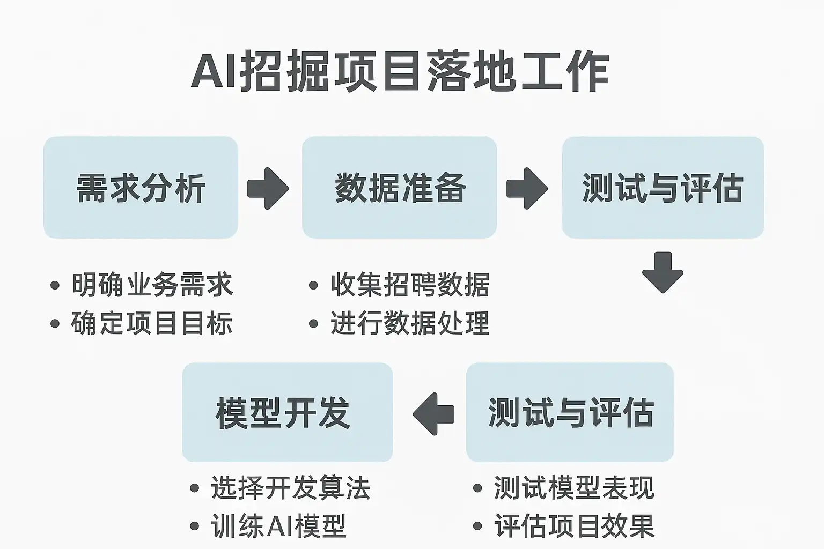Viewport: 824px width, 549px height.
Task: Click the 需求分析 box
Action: pos(141,187)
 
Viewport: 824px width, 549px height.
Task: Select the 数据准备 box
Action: pos(399,187)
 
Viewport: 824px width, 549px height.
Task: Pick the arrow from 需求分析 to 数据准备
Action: pos(268,188)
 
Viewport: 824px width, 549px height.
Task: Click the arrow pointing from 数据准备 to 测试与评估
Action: pos(527,188)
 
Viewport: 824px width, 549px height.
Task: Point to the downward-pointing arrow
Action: pos(663,272)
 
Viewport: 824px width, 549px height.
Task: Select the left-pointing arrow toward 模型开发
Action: pos(433,414)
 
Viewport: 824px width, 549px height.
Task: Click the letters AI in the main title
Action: pos(214,71)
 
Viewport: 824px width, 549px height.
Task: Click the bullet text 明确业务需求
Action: pos(152,285)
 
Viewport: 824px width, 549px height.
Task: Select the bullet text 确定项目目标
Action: pos(152,323)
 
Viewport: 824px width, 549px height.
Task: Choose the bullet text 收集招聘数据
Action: pos(410,285)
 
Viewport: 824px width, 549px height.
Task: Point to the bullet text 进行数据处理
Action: pos(410,323)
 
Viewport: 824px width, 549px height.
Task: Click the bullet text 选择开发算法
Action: pos(291,488)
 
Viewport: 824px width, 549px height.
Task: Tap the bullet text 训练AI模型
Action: pos(278,526)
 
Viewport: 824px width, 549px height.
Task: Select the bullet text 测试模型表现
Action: pos(574,488)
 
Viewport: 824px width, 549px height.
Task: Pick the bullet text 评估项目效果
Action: pos(574,526)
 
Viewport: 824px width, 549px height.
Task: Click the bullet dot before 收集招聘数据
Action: pos(314,285)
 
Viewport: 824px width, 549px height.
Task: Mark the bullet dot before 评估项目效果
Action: pos(477,526)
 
